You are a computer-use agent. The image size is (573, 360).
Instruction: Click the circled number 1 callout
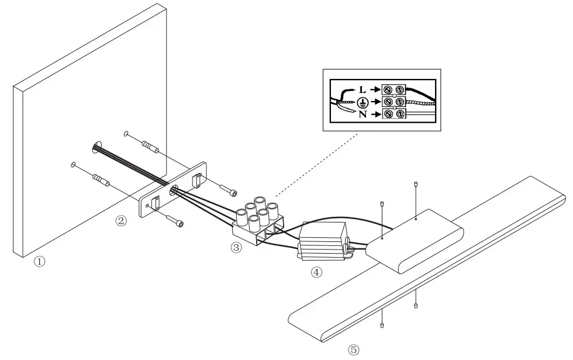point(39,261)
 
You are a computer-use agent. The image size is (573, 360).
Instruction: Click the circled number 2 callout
point(121,220)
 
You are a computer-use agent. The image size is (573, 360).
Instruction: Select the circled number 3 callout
point(236,247)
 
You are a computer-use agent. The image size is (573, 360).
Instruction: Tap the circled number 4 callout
point(316,272)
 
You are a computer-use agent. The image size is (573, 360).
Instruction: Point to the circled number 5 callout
point(353,349)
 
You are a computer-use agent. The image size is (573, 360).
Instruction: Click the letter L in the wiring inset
point(363,89)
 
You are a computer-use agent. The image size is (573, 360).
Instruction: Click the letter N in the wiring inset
point(363,114)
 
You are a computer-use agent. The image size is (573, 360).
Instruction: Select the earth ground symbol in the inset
point(363,102)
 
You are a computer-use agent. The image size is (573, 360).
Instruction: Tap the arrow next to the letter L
point(374,89)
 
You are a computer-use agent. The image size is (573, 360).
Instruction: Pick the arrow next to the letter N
point(374,114)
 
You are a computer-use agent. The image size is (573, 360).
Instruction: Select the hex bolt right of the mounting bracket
point(229,191)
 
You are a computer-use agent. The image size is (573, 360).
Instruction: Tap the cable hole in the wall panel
point(96,146)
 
